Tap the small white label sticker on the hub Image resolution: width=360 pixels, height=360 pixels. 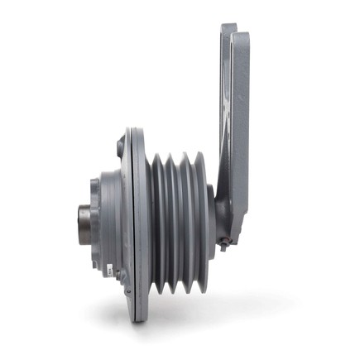click(x=109, y=266)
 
